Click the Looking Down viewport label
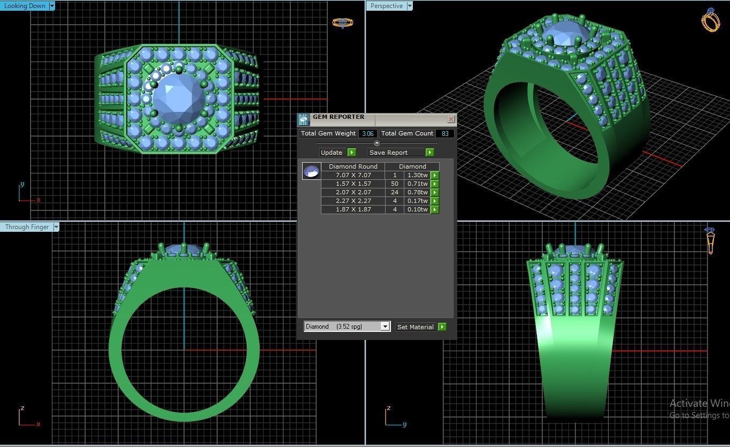coord(25,6)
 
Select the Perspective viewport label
coord(386,6)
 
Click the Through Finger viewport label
coord(27,227)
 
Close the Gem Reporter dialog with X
coord(451,119)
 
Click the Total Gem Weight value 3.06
coord(367,133)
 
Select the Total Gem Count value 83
coord(444,133)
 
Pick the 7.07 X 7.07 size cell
coord(353,175)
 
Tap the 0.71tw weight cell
coord(417,184)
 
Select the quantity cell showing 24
coord(395,192)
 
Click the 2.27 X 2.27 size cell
coord(353,201)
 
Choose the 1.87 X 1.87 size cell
coord(353,209)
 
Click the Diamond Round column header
coord(353,166)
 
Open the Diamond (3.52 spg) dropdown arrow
coord(385,327)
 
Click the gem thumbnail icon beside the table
coord(311,171)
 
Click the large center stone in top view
coord(179,99)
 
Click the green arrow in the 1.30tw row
coord(435,175)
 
